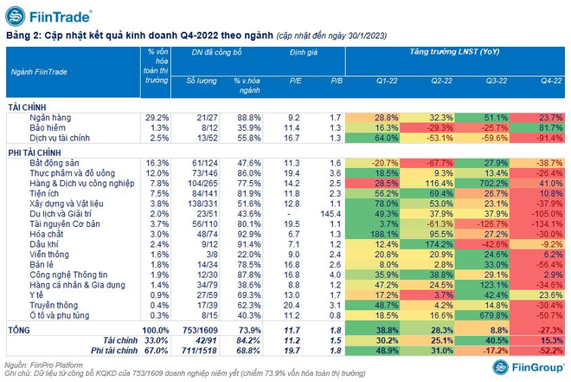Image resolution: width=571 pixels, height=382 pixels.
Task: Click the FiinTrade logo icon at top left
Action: tap(16, 16)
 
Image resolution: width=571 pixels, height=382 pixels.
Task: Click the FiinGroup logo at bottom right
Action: tap(528, 367)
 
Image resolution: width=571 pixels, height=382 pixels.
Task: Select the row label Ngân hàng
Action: tap(50, 118)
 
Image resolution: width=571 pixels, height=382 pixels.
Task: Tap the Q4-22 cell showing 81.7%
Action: tap(537, 128)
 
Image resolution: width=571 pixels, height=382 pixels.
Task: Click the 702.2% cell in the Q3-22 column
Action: tap(482, 184)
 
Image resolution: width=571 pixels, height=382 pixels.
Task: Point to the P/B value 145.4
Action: tap(330, 214)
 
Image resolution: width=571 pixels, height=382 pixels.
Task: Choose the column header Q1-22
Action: tap(387, 81)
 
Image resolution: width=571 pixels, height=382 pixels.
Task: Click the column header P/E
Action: tap(295, 81)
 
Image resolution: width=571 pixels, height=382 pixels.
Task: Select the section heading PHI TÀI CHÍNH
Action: tap(35, 153)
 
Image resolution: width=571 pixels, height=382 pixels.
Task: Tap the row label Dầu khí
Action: tap(44, 244)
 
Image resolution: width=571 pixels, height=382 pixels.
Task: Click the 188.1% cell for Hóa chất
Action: tap(373, 234)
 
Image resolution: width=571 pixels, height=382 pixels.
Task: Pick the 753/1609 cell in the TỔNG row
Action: tap(200, 331)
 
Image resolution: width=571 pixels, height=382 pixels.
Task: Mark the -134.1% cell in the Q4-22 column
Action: tap(537, 223)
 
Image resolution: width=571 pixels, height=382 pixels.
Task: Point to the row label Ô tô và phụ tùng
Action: tap(60, 315)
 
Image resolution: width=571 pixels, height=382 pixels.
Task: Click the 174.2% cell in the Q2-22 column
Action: tap(427, 244)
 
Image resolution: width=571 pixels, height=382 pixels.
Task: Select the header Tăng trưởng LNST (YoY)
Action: tap(454, 52)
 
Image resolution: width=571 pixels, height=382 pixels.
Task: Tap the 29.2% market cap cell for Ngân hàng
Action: tap(157, 118)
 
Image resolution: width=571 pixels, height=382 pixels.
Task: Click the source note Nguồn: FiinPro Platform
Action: tap(43, 365)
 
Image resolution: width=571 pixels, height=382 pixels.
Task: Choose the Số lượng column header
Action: tap(202, 81)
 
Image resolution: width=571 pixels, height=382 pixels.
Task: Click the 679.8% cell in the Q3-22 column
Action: tap(482, 315)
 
